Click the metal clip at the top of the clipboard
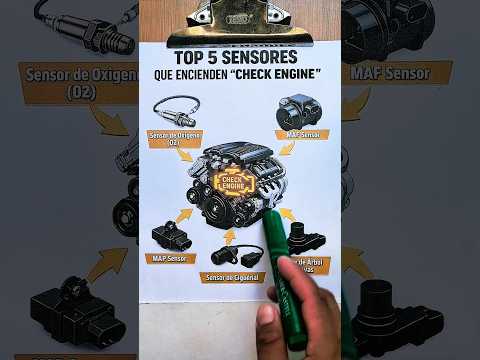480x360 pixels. (x=238, y=17)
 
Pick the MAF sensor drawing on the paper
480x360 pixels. (x=299, y=111)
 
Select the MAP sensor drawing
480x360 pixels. (x=170, y=236)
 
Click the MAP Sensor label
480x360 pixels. (x=169, y=259)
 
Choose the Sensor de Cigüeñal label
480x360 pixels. (x=232, y=277)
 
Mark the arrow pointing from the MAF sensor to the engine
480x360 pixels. (x=287, y=149)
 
